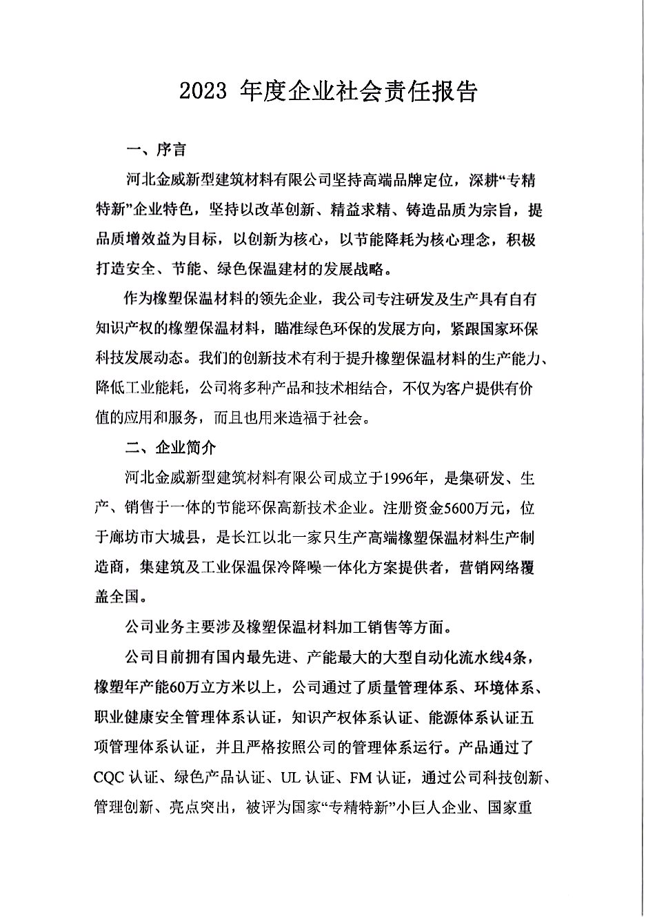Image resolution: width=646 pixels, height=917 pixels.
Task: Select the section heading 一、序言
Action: click(x=155, y=149)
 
